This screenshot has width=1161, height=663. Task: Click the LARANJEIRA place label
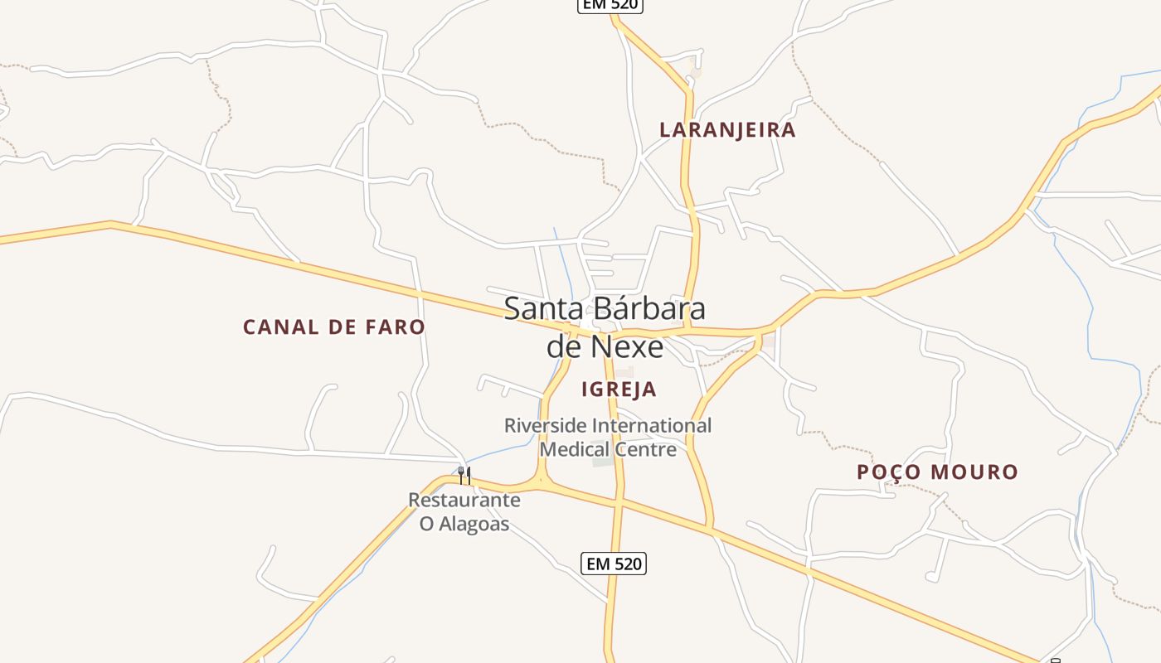pyautogui.click(x=727, y=130)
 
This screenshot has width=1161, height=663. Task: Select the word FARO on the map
pyautogui.click(x=393, y=327)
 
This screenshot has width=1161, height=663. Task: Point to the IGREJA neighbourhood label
pyautogui.click(x=619, y=390)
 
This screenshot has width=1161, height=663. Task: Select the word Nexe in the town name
pyautogui.click(x=631, y=346)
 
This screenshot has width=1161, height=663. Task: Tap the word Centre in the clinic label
pyautogui.click(x=646, y=449)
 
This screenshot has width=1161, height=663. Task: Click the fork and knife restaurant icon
pyautogui.click(x=464, y=476)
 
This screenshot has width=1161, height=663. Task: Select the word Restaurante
pyautogui.click(x=464, y=501)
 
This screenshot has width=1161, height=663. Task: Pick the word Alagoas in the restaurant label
pyautogui.click(x=475, y=524)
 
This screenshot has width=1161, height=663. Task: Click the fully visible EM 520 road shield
pyautogui.click(x=614, y=564)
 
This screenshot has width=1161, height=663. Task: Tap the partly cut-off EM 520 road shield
pyautogui.click(x=610, y=5)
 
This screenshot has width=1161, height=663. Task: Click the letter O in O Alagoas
pyautogui.click(x=427, y=524)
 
